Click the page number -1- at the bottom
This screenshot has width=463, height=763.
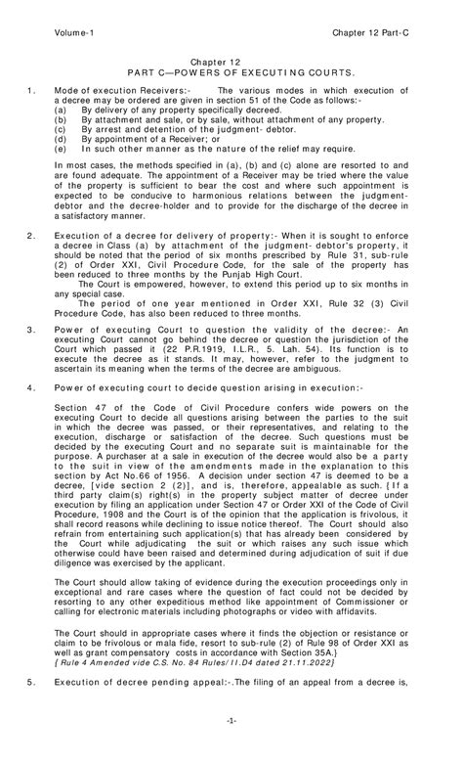pos(231,747)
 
